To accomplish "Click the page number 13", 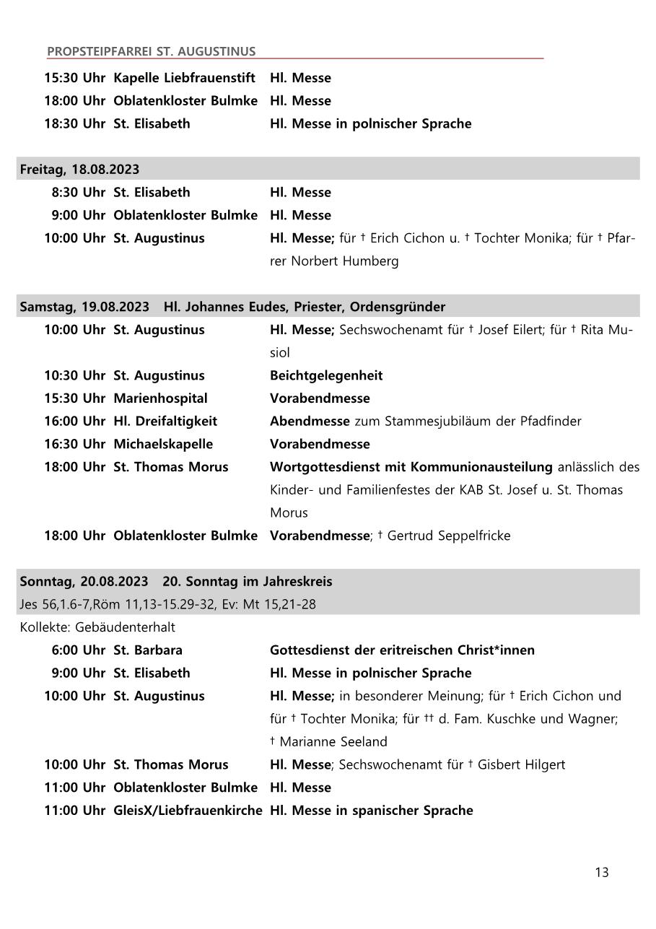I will click(601, 873).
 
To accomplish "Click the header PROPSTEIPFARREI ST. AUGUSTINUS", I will click(151, 52).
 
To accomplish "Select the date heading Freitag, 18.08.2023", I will click(79, 170).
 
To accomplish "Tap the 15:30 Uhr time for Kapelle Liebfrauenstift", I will click(74, 78).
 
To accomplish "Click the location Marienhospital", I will click(160, 398).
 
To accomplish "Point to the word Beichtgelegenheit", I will click(326, 375).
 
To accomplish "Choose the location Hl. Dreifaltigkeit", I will click(165, 422).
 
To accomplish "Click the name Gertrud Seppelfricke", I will click(449, 536).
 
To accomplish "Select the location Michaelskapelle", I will click(163, 444).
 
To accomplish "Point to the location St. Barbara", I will click(148, 650).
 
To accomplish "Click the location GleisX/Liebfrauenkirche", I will click(188, 811).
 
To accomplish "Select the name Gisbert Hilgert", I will click(521, 764).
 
